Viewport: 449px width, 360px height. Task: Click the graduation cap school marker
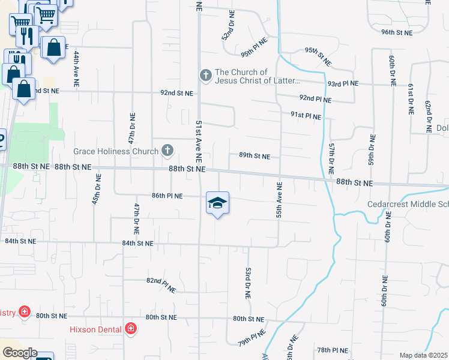218,204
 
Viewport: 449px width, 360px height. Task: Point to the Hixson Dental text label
97,329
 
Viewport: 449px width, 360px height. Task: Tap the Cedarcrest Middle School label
408,204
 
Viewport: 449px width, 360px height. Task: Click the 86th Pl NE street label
167,196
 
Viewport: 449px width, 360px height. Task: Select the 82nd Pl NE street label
161,284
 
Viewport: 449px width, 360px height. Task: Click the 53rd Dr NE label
247,284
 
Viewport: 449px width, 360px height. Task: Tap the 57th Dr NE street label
331,159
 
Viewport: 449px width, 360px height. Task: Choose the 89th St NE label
255,155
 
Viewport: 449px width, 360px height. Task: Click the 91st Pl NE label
306,116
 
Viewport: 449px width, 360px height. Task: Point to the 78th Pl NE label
333,350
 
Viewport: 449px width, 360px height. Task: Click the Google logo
19,353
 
